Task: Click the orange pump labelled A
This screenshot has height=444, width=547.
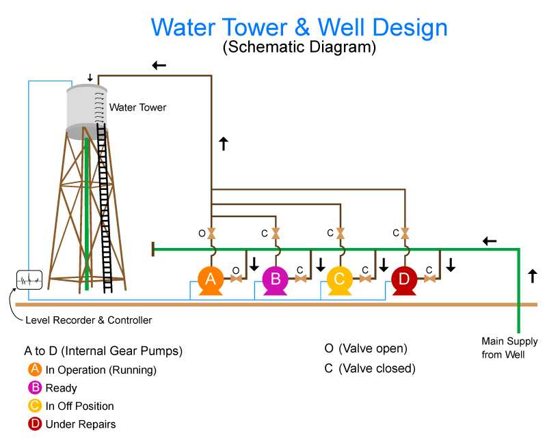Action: [211, 279]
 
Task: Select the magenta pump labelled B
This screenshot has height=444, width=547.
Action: [276, 279]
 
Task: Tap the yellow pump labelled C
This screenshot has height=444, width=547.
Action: [340, 279]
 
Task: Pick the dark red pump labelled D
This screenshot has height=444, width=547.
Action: [404, 279]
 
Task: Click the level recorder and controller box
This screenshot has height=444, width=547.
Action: [29, 279]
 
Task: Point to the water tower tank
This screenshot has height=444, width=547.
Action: [87, 109]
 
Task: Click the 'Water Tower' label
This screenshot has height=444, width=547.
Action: [137, 107]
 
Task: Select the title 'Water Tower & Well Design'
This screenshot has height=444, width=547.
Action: [299, 27]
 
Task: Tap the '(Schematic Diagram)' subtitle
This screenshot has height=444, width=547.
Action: [299, 48]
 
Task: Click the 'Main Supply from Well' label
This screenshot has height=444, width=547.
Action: [509, 348]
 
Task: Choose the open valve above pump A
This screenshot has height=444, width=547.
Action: [211, 234]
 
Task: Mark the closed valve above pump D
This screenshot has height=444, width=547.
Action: [405, 234]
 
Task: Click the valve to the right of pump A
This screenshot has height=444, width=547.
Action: [237, 278]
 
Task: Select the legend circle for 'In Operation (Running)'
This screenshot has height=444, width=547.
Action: [35, 370]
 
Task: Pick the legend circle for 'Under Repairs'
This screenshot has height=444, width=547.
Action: [35, 424]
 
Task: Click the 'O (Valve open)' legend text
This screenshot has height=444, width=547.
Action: [366, 348]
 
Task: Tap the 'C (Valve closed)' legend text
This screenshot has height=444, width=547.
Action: [369, 369]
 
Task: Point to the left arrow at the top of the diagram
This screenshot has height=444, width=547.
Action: [159, 66]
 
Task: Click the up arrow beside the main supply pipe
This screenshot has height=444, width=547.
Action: [533, 277]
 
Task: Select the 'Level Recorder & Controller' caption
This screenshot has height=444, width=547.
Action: [88, 320]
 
